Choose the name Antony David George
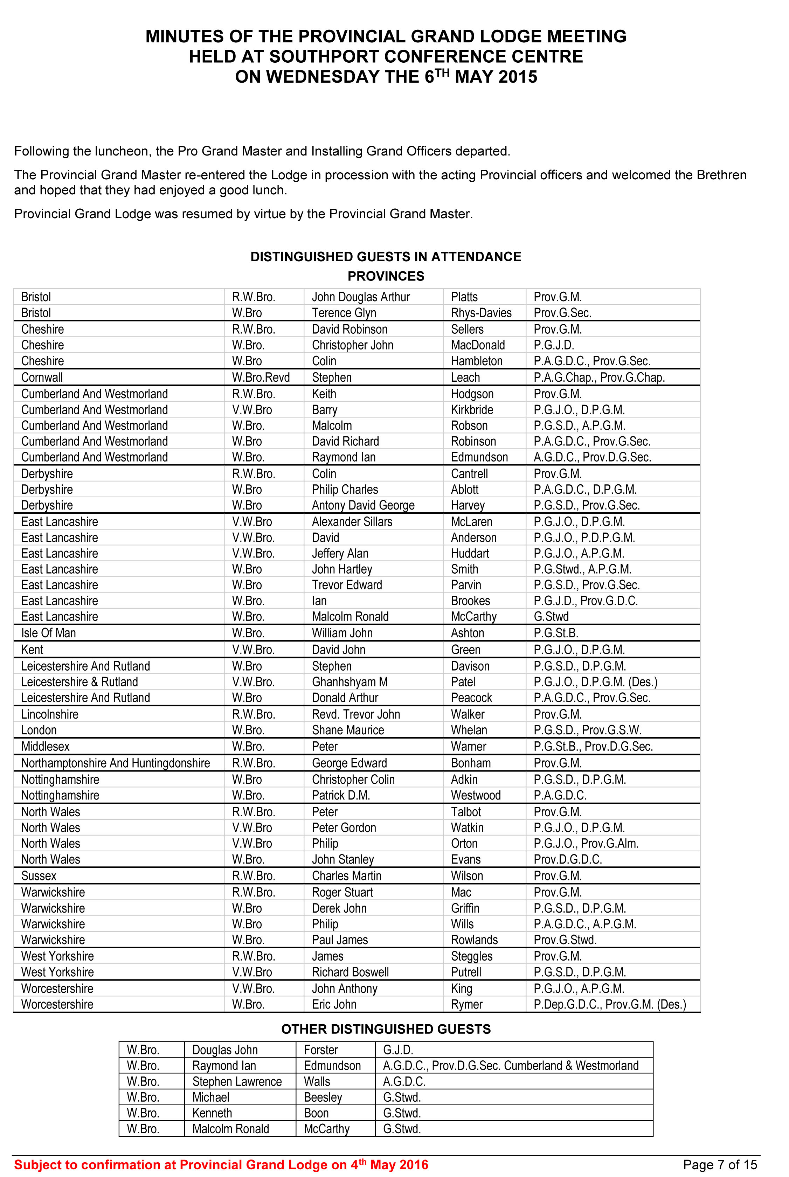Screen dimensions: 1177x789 [363, 505]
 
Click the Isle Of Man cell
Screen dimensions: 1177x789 [48, 633]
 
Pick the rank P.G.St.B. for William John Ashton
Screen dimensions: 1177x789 [555, 633]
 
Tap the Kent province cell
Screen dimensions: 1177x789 [32, 650]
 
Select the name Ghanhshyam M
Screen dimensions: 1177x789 [349, 682]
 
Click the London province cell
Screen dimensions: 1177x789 [39, 730]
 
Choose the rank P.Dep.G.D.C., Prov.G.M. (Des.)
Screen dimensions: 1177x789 [609, 1004]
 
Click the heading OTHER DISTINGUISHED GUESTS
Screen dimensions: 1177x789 [386, 1029]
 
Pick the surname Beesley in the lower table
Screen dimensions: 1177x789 [323, 1097]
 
